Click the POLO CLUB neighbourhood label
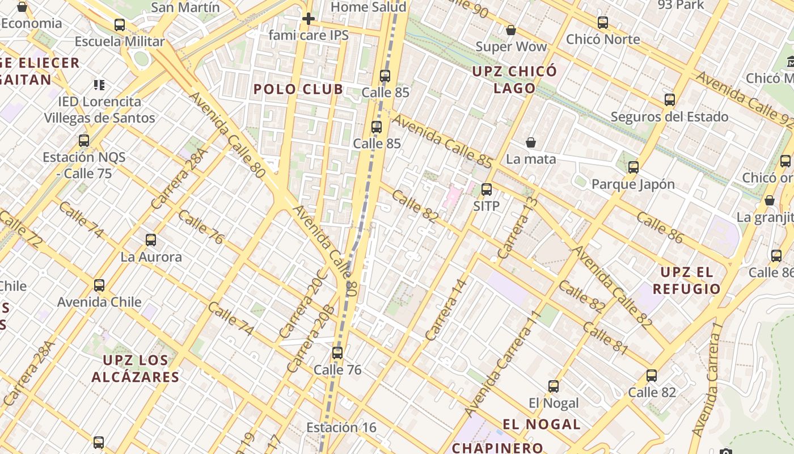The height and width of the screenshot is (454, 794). pos(298,89)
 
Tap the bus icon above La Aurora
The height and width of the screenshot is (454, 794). pos(151,240)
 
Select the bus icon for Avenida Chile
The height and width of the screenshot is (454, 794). pos(99,285)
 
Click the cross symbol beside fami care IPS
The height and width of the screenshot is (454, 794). pos(308,19)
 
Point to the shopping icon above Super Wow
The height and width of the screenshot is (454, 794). pos(510,30)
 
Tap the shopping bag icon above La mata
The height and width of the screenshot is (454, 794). pos(531,142)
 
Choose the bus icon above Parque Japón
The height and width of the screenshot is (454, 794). pos(633,167)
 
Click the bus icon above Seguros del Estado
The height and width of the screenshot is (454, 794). pos(670,100)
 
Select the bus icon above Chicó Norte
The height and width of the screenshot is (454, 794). pos(603,23)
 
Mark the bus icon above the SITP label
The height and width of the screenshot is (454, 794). pos(487,190)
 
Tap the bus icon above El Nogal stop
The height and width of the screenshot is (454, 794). pos(554,386)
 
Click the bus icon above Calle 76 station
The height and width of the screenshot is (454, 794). pos(337,353)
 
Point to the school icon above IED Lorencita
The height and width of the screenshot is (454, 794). pos(99,85)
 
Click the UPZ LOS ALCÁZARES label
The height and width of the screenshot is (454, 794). pos(136,368)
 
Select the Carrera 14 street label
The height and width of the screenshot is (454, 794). pos(446,310)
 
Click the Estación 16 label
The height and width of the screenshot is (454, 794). pos(341,427)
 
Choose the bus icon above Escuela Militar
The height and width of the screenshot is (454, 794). pos(120,25)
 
